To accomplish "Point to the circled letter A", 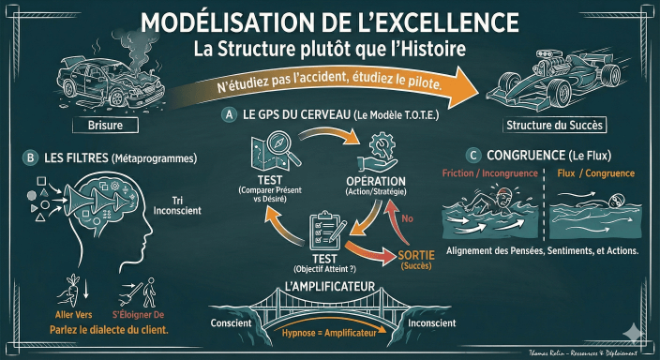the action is pyautogui.click(x=228, y=114).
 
